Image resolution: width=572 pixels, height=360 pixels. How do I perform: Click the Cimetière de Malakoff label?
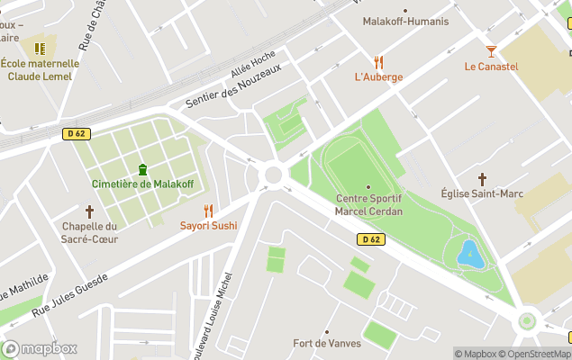[142, 184]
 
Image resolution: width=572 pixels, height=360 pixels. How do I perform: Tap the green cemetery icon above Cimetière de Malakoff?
[142, 169]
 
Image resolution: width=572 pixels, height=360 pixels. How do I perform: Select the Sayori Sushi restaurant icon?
[208, 211]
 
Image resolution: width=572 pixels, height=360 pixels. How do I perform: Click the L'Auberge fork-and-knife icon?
[378, 63]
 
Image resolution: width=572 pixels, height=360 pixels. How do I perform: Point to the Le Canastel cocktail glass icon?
[491, 52]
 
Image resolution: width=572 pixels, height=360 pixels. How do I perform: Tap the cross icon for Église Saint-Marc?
[482, 179]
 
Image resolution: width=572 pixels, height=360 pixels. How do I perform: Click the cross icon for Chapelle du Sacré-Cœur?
[89, 211]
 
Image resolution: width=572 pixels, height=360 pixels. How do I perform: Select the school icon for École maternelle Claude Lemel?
[40, 49]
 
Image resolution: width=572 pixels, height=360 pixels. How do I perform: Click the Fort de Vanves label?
[327, 343]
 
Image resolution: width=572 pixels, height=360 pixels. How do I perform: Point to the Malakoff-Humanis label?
[404, 22]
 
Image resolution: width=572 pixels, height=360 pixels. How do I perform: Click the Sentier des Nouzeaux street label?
[233, 86]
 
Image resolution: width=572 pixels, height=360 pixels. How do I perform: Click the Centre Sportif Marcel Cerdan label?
[368, 204]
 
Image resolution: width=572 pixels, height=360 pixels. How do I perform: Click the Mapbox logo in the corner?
[40, 348]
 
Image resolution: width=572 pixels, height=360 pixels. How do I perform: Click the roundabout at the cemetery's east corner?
[272, 174]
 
